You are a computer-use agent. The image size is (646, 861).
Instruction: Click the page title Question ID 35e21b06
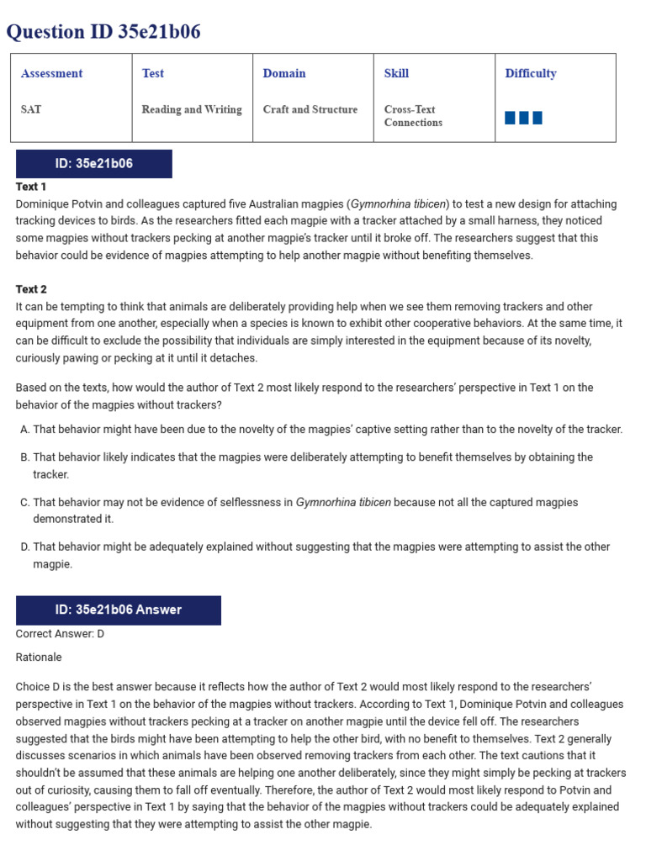(103, 32)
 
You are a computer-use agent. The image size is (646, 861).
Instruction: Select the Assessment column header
(52, 73)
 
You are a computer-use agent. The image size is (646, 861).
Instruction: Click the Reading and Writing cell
(192, 109)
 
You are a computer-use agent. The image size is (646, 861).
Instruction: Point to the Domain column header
(284, 73)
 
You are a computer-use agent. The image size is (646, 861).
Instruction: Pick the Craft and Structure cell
(310, 109)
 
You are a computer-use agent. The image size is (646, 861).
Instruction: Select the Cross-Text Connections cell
(413, 116)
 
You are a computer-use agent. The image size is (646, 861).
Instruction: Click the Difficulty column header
(531, 73)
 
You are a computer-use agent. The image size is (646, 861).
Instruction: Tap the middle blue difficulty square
(524, 118)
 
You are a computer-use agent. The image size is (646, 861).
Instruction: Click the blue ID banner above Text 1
(94, 164)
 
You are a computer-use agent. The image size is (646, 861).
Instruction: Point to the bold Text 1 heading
(31, 187)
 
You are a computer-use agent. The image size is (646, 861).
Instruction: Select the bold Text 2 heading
(31, 289)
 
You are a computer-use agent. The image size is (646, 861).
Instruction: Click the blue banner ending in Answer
(119, 610)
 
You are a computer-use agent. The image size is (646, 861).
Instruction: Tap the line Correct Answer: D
(60, 634)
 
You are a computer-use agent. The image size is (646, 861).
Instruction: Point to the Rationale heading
(39, 657)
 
